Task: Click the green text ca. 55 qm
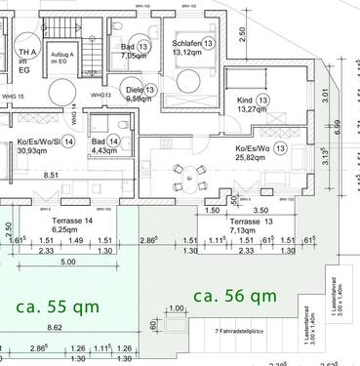point(55,305)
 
